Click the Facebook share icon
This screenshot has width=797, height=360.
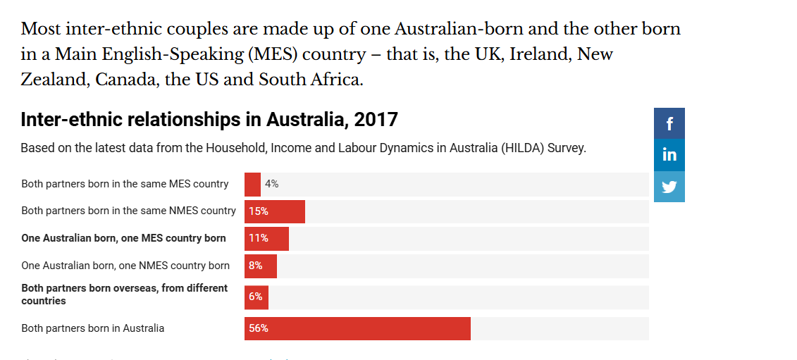tap(669, 123)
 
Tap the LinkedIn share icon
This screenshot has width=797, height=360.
tap(669, 154)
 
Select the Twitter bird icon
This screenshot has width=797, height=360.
tap(669, 187)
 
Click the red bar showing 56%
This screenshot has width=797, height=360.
tap(357, 328)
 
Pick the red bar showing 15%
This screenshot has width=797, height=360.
tap(275, 211)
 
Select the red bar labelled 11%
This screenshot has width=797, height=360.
tap(266, 238)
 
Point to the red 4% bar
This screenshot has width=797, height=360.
tap(252, 185)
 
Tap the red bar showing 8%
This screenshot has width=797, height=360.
tap(261, 266)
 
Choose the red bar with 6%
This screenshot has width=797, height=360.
tap(257, 297)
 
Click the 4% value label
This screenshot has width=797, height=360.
tap(272, 184)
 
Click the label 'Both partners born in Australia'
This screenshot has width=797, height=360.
tap(93, 328)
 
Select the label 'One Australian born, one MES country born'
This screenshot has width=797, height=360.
tap(124, 238)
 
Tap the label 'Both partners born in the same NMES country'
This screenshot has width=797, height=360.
tap(129, 211)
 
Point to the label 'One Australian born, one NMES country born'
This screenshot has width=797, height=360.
tap(125, 266)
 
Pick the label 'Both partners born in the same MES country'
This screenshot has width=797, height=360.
tap(125, 184)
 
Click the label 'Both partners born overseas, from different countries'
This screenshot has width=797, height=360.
tap(125, 294)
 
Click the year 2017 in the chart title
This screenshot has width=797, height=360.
tap(376, 120)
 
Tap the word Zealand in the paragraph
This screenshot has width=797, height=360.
tap(51, 80)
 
